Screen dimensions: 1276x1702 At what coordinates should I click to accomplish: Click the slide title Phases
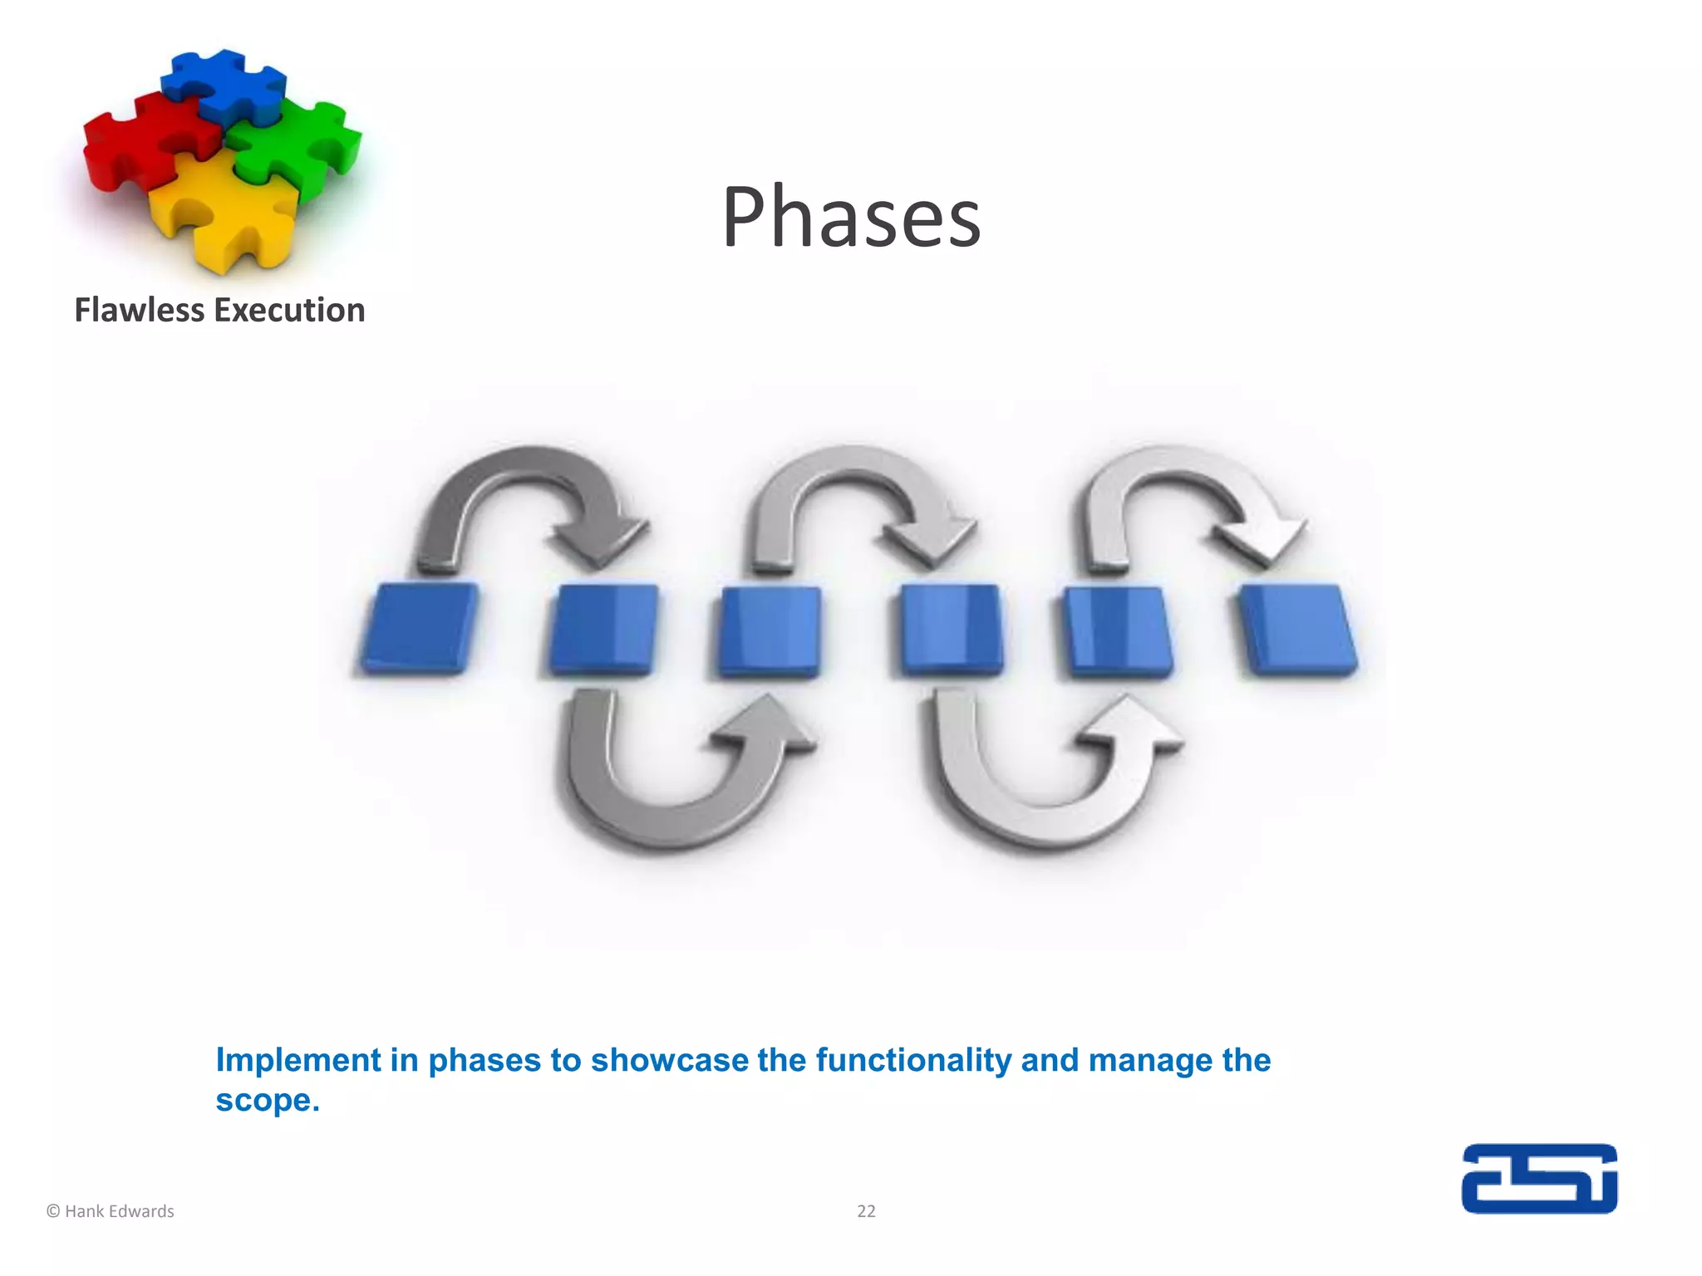click(851, 218)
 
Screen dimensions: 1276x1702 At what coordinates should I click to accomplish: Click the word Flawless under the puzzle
click(139, 311)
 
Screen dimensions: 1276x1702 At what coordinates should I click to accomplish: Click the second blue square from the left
click(603, 629)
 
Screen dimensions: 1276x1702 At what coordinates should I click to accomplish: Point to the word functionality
click(912, 1061)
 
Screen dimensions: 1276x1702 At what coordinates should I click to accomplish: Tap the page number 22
click(866, 1211)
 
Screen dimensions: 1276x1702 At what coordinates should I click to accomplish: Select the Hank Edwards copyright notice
click(111, 1211)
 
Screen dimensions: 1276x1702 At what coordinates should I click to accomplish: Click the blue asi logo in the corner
click(1539, 1179)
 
